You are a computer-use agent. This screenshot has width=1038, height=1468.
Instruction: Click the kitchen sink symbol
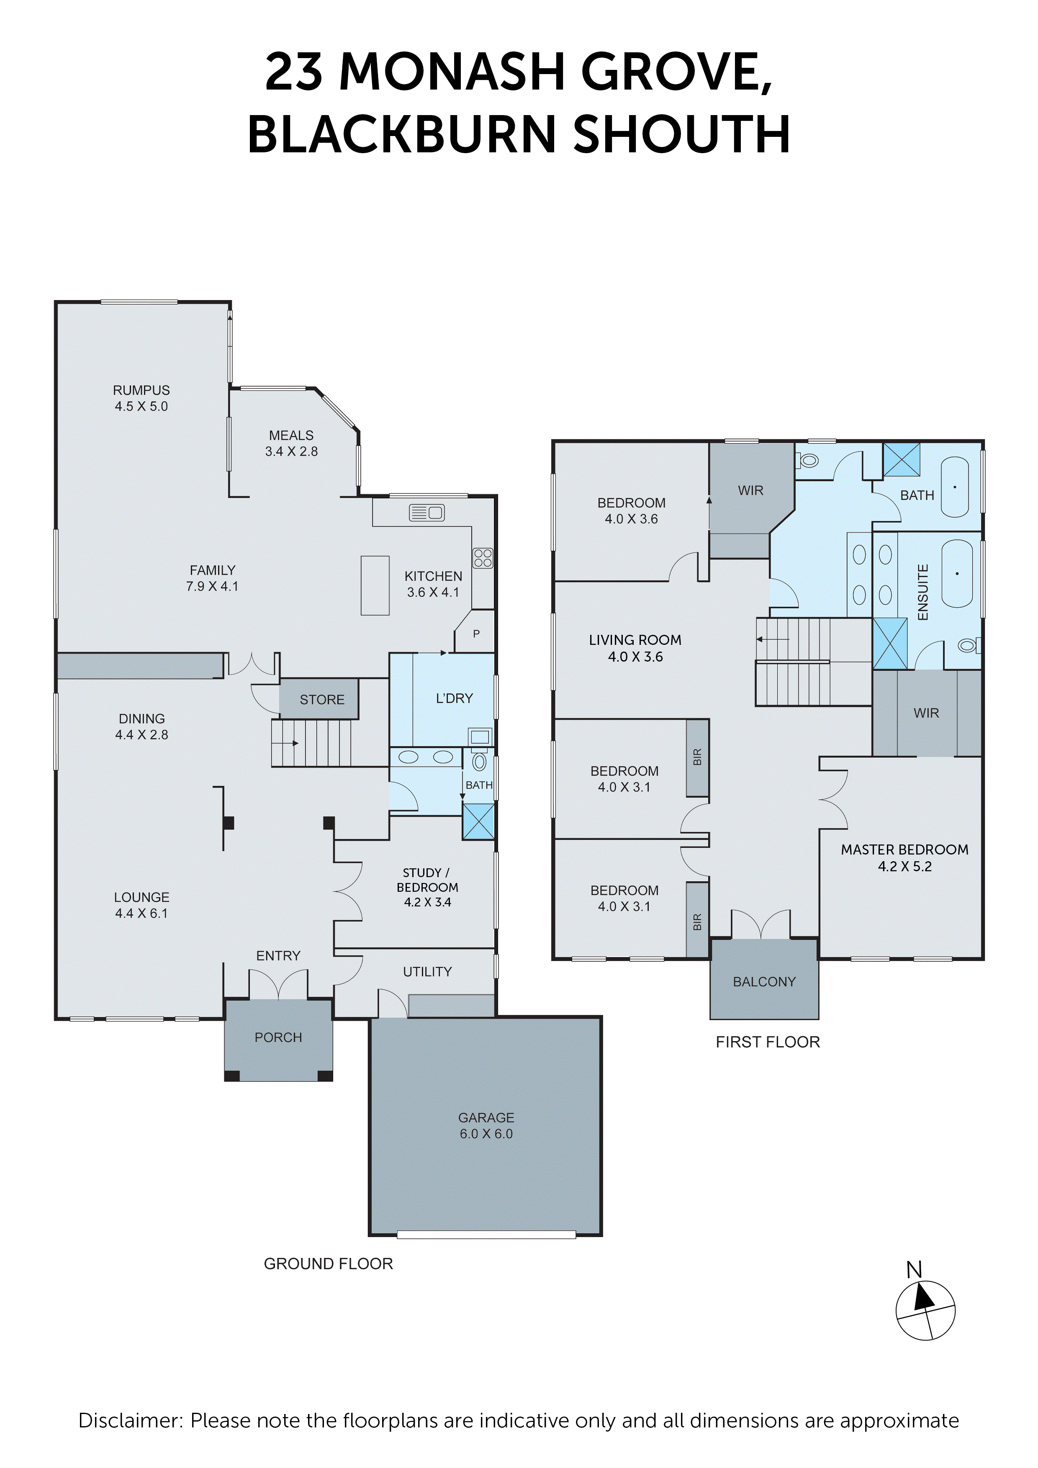tap(427, 512)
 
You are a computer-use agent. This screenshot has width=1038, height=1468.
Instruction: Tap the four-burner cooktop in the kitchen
tap(483, 558)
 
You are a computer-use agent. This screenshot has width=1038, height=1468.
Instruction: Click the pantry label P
tap(476, 634)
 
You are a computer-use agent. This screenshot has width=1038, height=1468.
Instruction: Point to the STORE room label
tap(322, 699)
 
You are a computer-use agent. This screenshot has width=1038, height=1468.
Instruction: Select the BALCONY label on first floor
tap(764, 981)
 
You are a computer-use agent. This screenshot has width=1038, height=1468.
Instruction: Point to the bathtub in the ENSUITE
tap(957, 574)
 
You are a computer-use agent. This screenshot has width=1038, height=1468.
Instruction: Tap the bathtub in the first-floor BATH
tap(954, 487)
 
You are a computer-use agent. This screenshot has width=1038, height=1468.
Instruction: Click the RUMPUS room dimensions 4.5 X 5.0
tap(141, 406)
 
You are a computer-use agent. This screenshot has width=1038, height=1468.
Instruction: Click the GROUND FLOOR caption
tap(328, 1263)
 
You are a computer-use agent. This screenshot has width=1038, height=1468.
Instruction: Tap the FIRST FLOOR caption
tap(768, 1042)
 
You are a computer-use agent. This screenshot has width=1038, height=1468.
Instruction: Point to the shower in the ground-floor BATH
tap(478, 821)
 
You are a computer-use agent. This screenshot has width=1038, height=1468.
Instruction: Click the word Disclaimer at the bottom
tap(130, 1420)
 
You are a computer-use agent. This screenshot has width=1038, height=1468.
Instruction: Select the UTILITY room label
tap(427, 972)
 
